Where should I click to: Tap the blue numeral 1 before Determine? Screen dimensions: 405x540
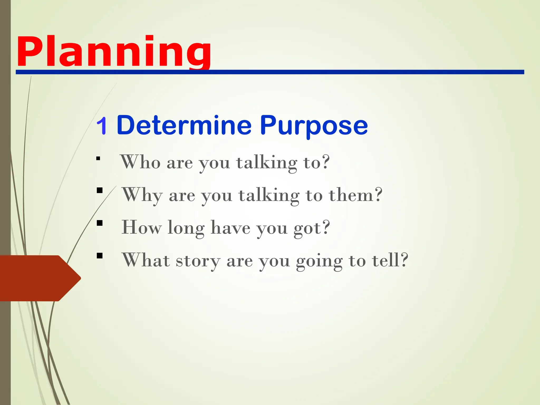102,126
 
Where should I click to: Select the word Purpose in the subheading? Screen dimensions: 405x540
314,126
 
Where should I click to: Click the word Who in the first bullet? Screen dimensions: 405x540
140,162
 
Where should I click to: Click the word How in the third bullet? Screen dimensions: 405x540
141,227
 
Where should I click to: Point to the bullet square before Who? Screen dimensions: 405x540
98,158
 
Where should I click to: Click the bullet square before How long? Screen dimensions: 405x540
99,223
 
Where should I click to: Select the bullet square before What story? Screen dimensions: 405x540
99,256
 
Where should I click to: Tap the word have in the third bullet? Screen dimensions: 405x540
230,228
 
